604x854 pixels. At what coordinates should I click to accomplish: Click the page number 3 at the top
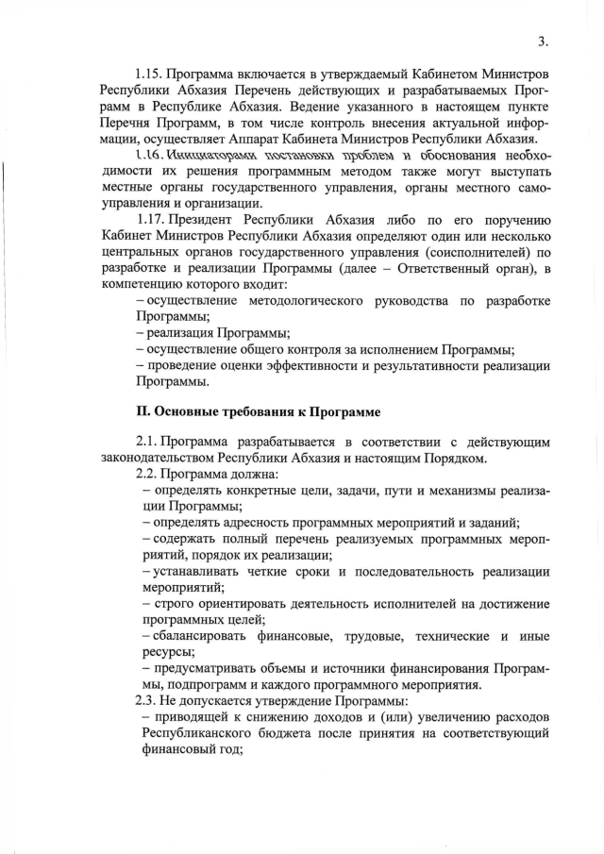(542, 41)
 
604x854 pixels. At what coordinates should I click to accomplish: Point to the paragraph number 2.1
(151, 442)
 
